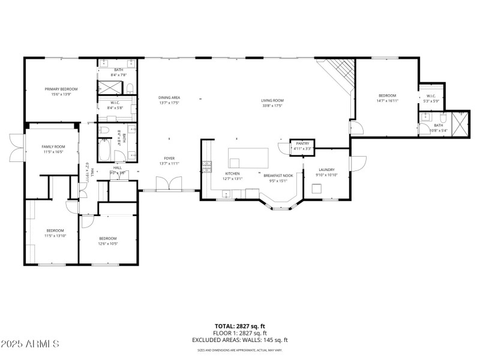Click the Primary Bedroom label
tap(61, 89)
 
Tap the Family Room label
tap(53, 146)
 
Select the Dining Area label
tap(169, 97)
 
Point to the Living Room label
tap(272, 101)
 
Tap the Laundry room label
tap(327, 170)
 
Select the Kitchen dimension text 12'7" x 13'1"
tap(232, 178)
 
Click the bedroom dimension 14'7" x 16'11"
tap(387, 101)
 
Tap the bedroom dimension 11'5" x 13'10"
tap(55, 236)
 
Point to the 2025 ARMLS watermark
tap(30, 344)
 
